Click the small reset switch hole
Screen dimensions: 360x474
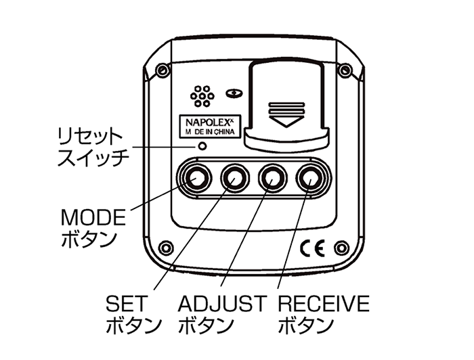[201, 145]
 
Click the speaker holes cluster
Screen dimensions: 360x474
[202, 97]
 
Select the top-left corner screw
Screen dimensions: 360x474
[160, 70]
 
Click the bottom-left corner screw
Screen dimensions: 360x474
[163, 247]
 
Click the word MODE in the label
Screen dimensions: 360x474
[93, 218]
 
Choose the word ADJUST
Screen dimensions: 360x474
[221, 302]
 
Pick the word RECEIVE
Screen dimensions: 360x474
[324, 302]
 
